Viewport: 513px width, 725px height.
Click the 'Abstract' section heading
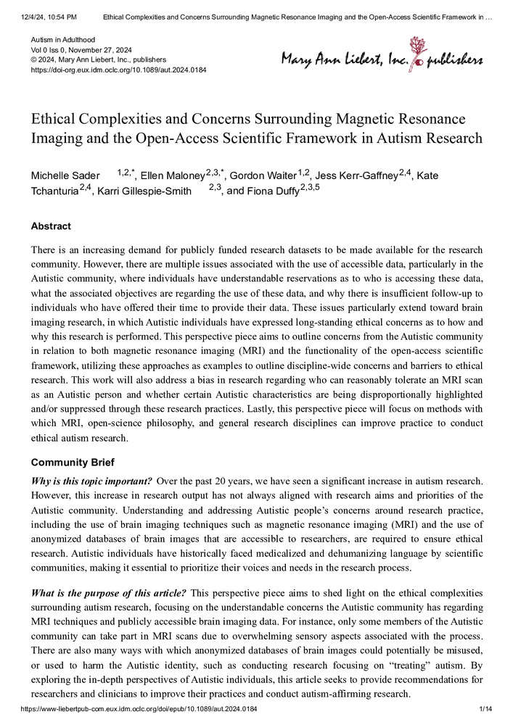coord(51,226)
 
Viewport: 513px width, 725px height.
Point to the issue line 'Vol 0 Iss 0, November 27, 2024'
coord(91,48)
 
